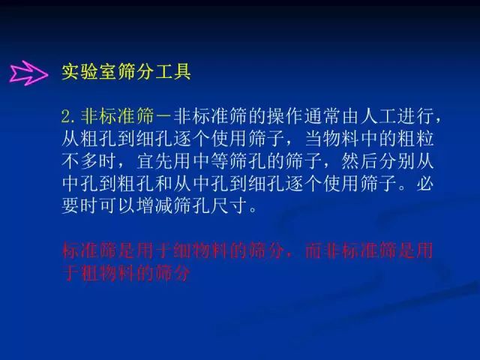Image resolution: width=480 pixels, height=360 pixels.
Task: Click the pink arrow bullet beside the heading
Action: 28,73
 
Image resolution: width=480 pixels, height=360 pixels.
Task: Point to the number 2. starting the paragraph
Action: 68,117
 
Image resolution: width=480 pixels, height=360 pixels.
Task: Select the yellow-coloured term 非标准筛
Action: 117,116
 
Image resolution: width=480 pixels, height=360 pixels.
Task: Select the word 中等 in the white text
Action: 211,161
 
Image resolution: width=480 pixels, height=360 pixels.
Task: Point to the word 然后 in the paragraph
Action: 360,161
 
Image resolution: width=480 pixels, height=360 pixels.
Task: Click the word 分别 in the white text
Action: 397,161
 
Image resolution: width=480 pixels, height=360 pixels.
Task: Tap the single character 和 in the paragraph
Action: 164,183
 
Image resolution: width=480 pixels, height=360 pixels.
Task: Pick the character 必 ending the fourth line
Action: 425,183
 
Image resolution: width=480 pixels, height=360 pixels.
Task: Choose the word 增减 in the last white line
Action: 155,205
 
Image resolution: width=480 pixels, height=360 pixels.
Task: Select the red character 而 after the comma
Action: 313,250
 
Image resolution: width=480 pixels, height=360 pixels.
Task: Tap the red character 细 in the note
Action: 183,250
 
